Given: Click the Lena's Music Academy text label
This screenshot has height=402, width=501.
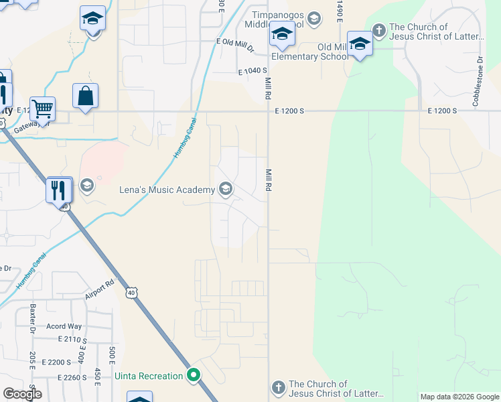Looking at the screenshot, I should click(166, 190).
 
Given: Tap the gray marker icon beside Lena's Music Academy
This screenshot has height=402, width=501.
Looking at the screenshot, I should click(225, 190).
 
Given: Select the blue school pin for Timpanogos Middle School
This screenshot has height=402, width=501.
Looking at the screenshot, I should click(282, 35).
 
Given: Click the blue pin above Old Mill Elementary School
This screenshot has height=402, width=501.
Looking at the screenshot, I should click(360, 45).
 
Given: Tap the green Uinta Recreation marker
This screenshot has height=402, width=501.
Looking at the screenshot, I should click(194, 375).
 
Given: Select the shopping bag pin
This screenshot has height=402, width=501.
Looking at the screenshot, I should click(86, 96).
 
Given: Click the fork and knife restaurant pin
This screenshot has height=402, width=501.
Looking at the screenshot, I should click(60, 190).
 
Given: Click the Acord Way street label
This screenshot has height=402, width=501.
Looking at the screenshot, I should click(64, 326).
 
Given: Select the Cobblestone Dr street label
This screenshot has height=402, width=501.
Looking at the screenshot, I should click(478, 84).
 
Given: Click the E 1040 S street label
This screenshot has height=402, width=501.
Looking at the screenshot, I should click(253, 70).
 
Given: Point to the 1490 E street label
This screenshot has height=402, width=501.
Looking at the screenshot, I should click(340, 9).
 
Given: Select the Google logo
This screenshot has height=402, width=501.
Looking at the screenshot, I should click(22, 394).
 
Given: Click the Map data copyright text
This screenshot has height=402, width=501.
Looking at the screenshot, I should click(459, 397).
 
